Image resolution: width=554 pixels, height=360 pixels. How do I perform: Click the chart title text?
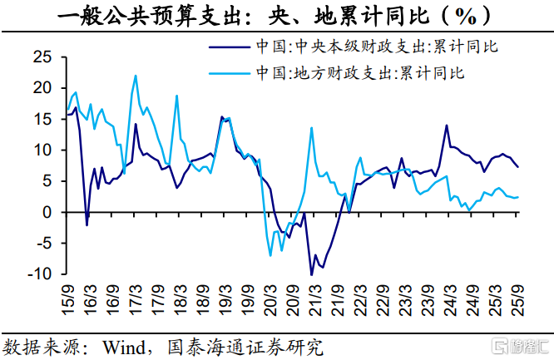point(277,16)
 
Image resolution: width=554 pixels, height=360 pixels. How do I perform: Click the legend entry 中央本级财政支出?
point(378,46)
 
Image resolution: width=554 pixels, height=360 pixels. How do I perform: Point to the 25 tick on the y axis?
point(42,57)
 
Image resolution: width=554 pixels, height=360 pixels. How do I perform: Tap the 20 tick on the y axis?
point(42,88)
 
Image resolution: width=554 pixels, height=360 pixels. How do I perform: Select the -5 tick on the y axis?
point(42,244)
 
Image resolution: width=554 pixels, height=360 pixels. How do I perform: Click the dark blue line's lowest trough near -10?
point(311,274)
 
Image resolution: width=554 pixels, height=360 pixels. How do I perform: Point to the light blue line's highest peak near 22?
point(136,76)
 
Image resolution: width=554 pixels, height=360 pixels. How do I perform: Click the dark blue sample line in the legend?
point(228,47)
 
